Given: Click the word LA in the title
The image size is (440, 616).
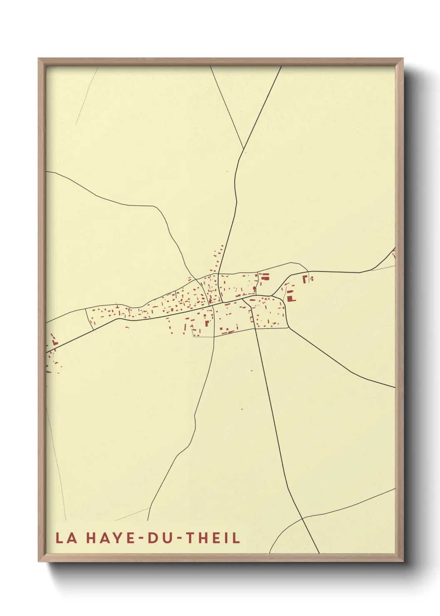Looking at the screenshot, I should tap(66, 538).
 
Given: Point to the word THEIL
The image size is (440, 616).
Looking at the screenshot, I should tap(213, 538).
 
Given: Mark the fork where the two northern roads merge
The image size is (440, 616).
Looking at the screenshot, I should tap(243, 150).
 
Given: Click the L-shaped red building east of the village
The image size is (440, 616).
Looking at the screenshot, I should tap(305, 278).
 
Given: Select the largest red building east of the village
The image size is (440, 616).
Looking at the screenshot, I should tap(290, 298).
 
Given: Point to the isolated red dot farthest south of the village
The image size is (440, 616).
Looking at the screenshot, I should tap(242, 409).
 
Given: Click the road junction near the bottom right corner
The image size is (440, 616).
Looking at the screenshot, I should tap(304, 518).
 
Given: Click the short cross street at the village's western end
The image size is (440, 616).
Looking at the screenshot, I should tap(89, 319).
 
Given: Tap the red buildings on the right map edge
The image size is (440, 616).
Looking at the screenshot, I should tap(393, 253).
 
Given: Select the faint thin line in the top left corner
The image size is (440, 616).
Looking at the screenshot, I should tap(87, 96).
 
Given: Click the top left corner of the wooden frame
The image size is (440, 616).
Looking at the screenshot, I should tap(39, 59).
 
